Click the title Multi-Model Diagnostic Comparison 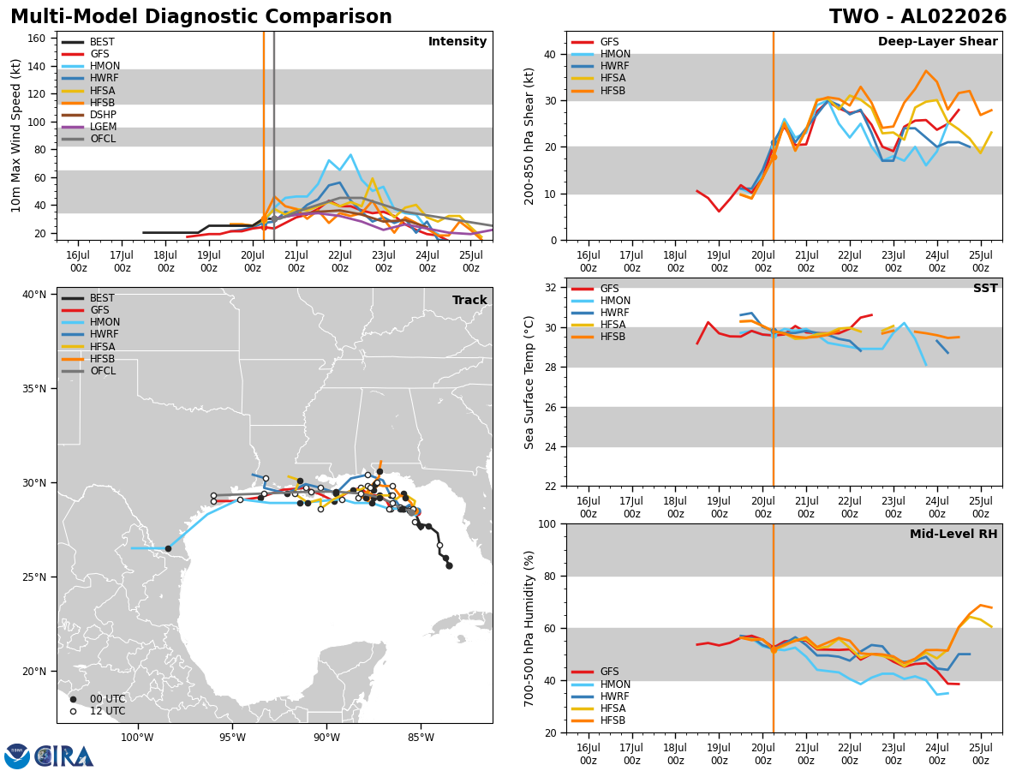[x=201, y=16]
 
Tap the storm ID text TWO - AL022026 [x=917, y=16]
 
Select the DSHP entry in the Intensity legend [x=89, y=115]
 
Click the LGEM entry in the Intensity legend [x=89, y=127]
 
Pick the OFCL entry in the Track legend [x=89, y=371]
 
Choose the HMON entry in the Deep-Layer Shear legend [x=601, y=54]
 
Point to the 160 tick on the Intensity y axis [x=37, y=39]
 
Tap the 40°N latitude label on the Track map [x=34, y=295]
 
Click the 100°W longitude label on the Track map [x=137, y=738]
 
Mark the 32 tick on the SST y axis [x=550, y=288]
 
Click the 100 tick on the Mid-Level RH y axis [x=547, y=523]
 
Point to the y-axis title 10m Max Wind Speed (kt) [x=15, y=135]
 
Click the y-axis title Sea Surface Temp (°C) [x=529, y=382]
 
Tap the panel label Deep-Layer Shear [x=937, y=41]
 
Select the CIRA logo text [x=64, y=756]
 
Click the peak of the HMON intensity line [x=350, y=154]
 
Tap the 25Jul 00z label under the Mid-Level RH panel [x=980, y=754]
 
